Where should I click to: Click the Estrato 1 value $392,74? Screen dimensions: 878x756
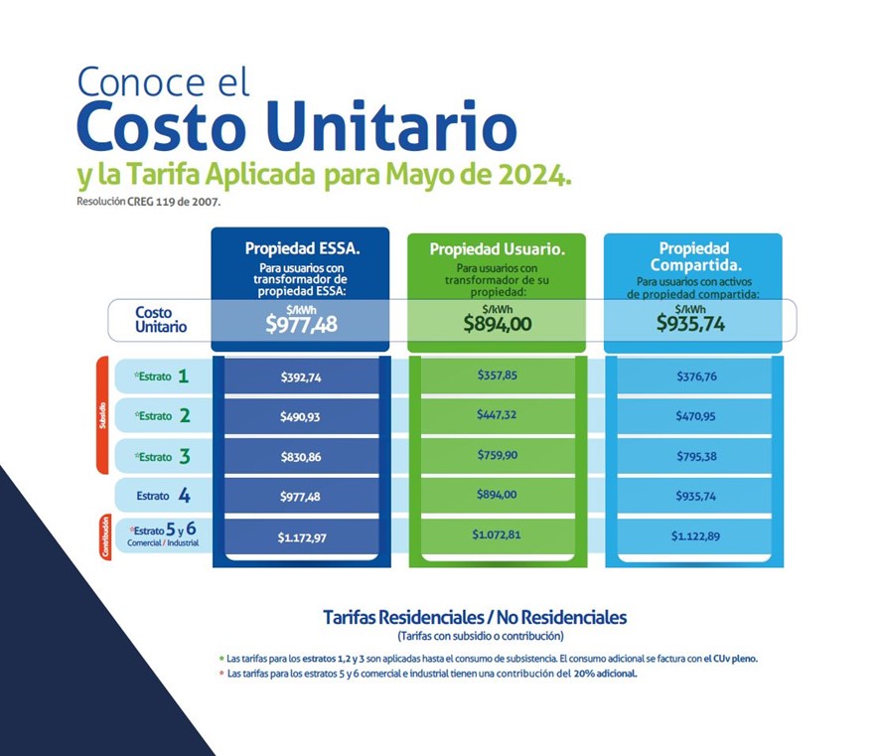point(301,378)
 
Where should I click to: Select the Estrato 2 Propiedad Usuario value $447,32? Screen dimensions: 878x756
point(497,415)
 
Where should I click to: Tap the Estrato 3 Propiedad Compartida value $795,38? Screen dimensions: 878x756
point(696,456)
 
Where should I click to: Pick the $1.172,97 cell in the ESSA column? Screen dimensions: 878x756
point(302,537)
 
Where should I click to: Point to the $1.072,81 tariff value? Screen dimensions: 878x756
point(497,534)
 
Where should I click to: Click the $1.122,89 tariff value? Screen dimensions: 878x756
point(695,536)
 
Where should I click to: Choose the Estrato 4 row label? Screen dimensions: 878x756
point(163,496)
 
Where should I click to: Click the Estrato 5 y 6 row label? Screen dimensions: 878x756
point(163,534)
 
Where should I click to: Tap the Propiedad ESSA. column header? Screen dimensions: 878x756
point(302,248)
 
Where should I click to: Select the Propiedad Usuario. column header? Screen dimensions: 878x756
point(498,249)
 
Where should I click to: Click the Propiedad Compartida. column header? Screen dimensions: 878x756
point(695,256)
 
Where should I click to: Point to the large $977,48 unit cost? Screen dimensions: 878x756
point(301,324)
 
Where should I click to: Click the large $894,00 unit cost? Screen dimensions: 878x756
point(498,324)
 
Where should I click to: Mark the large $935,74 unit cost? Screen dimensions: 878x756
point(690,324)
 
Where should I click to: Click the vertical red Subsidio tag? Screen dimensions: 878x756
point(102,415)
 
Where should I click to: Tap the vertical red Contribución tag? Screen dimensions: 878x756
point(105,536)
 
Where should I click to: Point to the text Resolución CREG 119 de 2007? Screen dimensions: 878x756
point(148,202)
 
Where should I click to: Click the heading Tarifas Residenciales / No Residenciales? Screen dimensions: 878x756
point(475,617)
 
